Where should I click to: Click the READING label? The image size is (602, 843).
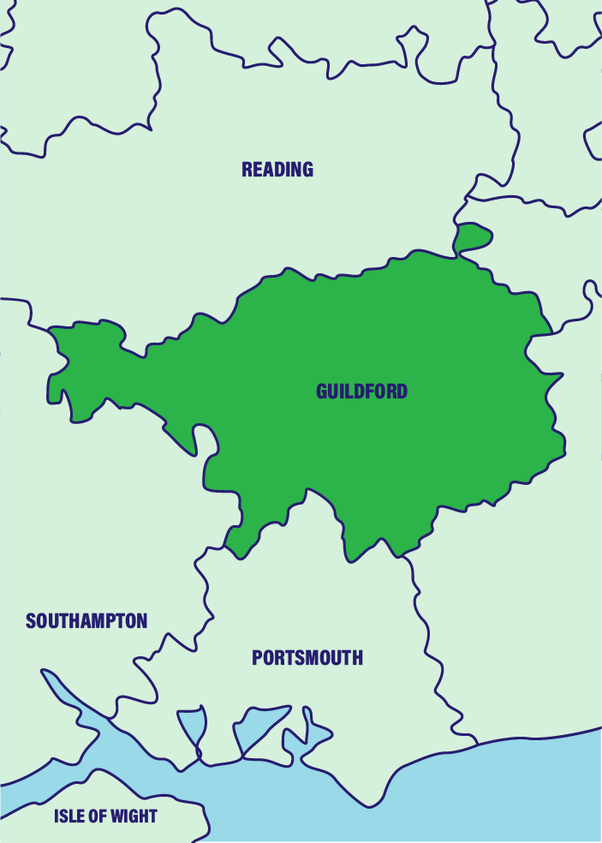point(277,170)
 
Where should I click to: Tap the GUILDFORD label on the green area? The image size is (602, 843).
point(361,392)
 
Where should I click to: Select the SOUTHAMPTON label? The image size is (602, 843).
point(86,621)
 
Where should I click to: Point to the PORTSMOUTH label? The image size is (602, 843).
point(307,658)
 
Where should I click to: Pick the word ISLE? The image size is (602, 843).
point(68,816)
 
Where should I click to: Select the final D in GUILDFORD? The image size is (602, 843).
point(402,392)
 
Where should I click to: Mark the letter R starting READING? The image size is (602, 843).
point(247,170)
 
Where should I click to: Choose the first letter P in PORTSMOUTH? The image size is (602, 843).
point(257,658)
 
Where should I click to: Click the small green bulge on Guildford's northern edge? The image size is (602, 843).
point(473,236)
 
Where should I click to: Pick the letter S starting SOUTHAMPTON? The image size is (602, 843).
point(31,621)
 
